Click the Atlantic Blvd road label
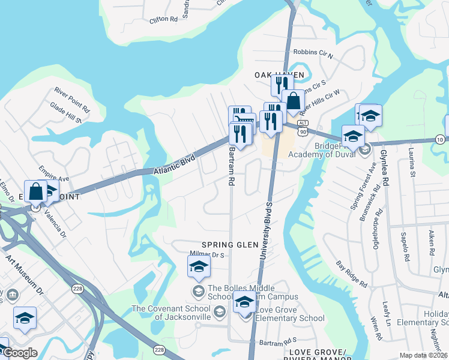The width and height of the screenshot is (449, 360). [175, 166]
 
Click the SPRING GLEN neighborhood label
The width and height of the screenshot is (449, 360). [230, 245]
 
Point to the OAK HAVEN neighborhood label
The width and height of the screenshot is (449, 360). [279, 74]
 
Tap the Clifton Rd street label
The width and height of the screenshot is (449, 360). [164, 19]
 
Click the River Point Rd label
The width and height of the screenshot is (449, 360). [71, 100]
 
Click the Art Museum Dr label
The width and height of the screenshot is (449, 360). [25, 276]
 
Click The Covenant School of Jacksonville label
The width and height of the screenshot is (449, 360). [170, 313]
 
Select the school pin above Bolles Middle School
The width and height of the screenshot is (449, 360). [199, 268]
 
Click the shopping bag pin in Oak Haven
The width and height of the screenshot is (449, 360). [294, 101]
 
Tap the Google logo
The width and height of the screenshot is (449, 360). [20, 353]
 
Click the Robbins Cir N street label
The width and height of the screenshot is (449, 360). [312, 53]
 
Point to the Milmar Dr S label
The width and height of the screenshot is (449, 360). [206, 254]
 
